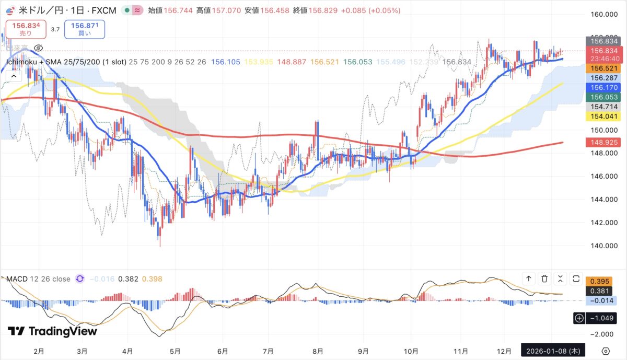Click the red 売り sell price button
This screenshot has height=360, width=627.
pyautogui.click(x=26, y=29)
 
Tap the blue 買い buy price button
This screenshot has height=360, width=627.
pyautogui.click(x=85, y=29)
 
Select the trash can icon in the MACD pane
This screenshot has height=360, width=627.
pyautogui.click(x=544, y=278)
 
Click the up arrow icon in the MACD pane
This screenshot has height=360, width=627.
pyautogui.click(x=529, y=278)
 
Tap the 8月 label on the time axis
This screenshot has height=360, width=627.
pyautogui.click(x=318, y=351)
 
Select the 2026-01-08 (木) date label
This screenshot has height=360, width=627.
pyautogui.click(x=554, y=351)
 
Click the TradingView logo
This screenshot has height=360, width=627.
pyautogui.click(x=52, y=331)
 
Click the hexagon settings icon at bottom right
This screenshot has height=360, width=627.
pyautogui.click(x=606, y=351)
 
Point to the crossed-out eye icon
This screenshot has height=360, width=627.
pyautogui.click(x=37, y=48)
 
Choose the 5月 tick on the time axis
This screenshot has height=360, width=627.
pyautogui.click(x=176, y=351)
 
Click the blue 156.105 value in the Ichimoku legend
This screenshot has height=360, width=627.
pyautogui.click(x=226, y=62)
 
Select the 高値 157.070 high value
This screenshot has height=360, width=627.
pyautogui.click(x=217, y=10)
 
